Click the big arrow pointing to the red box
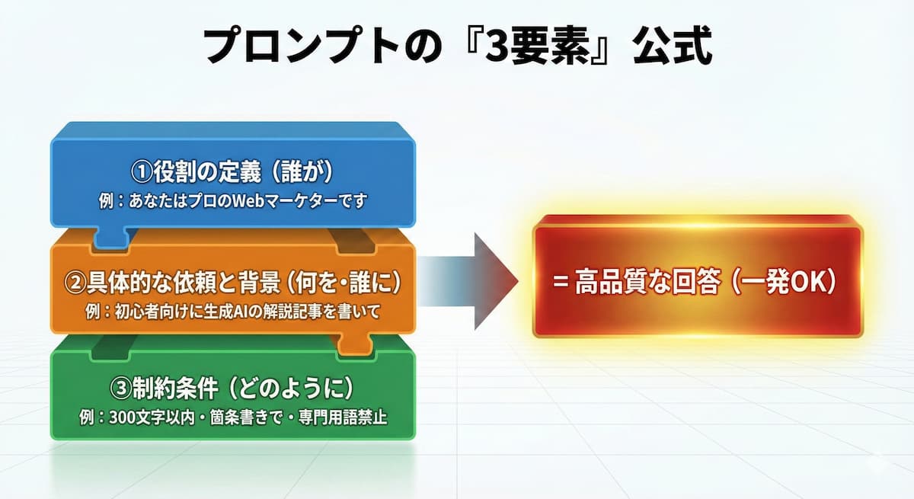pos(480,280)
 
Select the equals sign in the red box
pos(561,281)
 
